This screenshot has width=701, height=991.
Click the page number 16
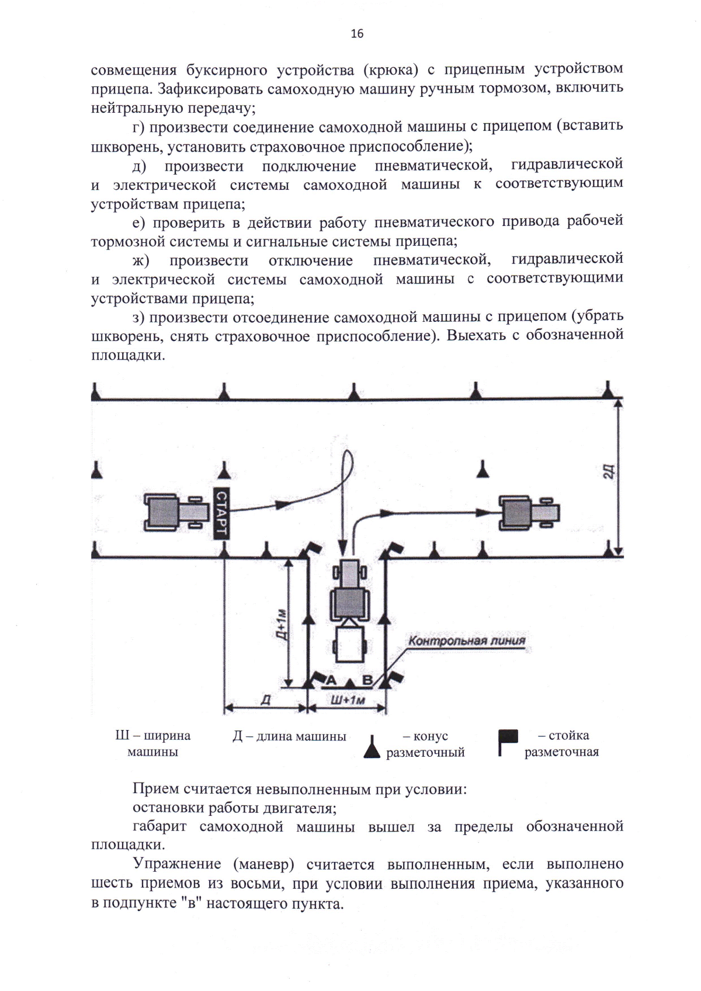pos(357,34)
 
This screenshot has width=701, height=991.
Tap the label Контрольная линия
pos(466,641)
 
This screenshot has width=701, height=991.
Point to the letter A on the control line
pos(330,680)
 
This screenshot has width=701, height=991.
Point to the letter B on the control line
pos(368,680)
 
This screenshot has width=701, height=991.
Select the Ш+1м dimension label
pos(348,700)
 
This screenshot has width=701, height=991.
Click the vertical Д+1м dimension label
pos(281,624)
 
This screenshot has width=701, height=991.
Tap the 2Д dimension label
pos(608,471)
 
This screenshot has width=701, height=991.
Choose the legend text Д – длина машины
pos(289,736)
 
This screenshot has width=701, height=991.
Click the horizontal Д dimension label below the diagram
pos(265,700)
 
